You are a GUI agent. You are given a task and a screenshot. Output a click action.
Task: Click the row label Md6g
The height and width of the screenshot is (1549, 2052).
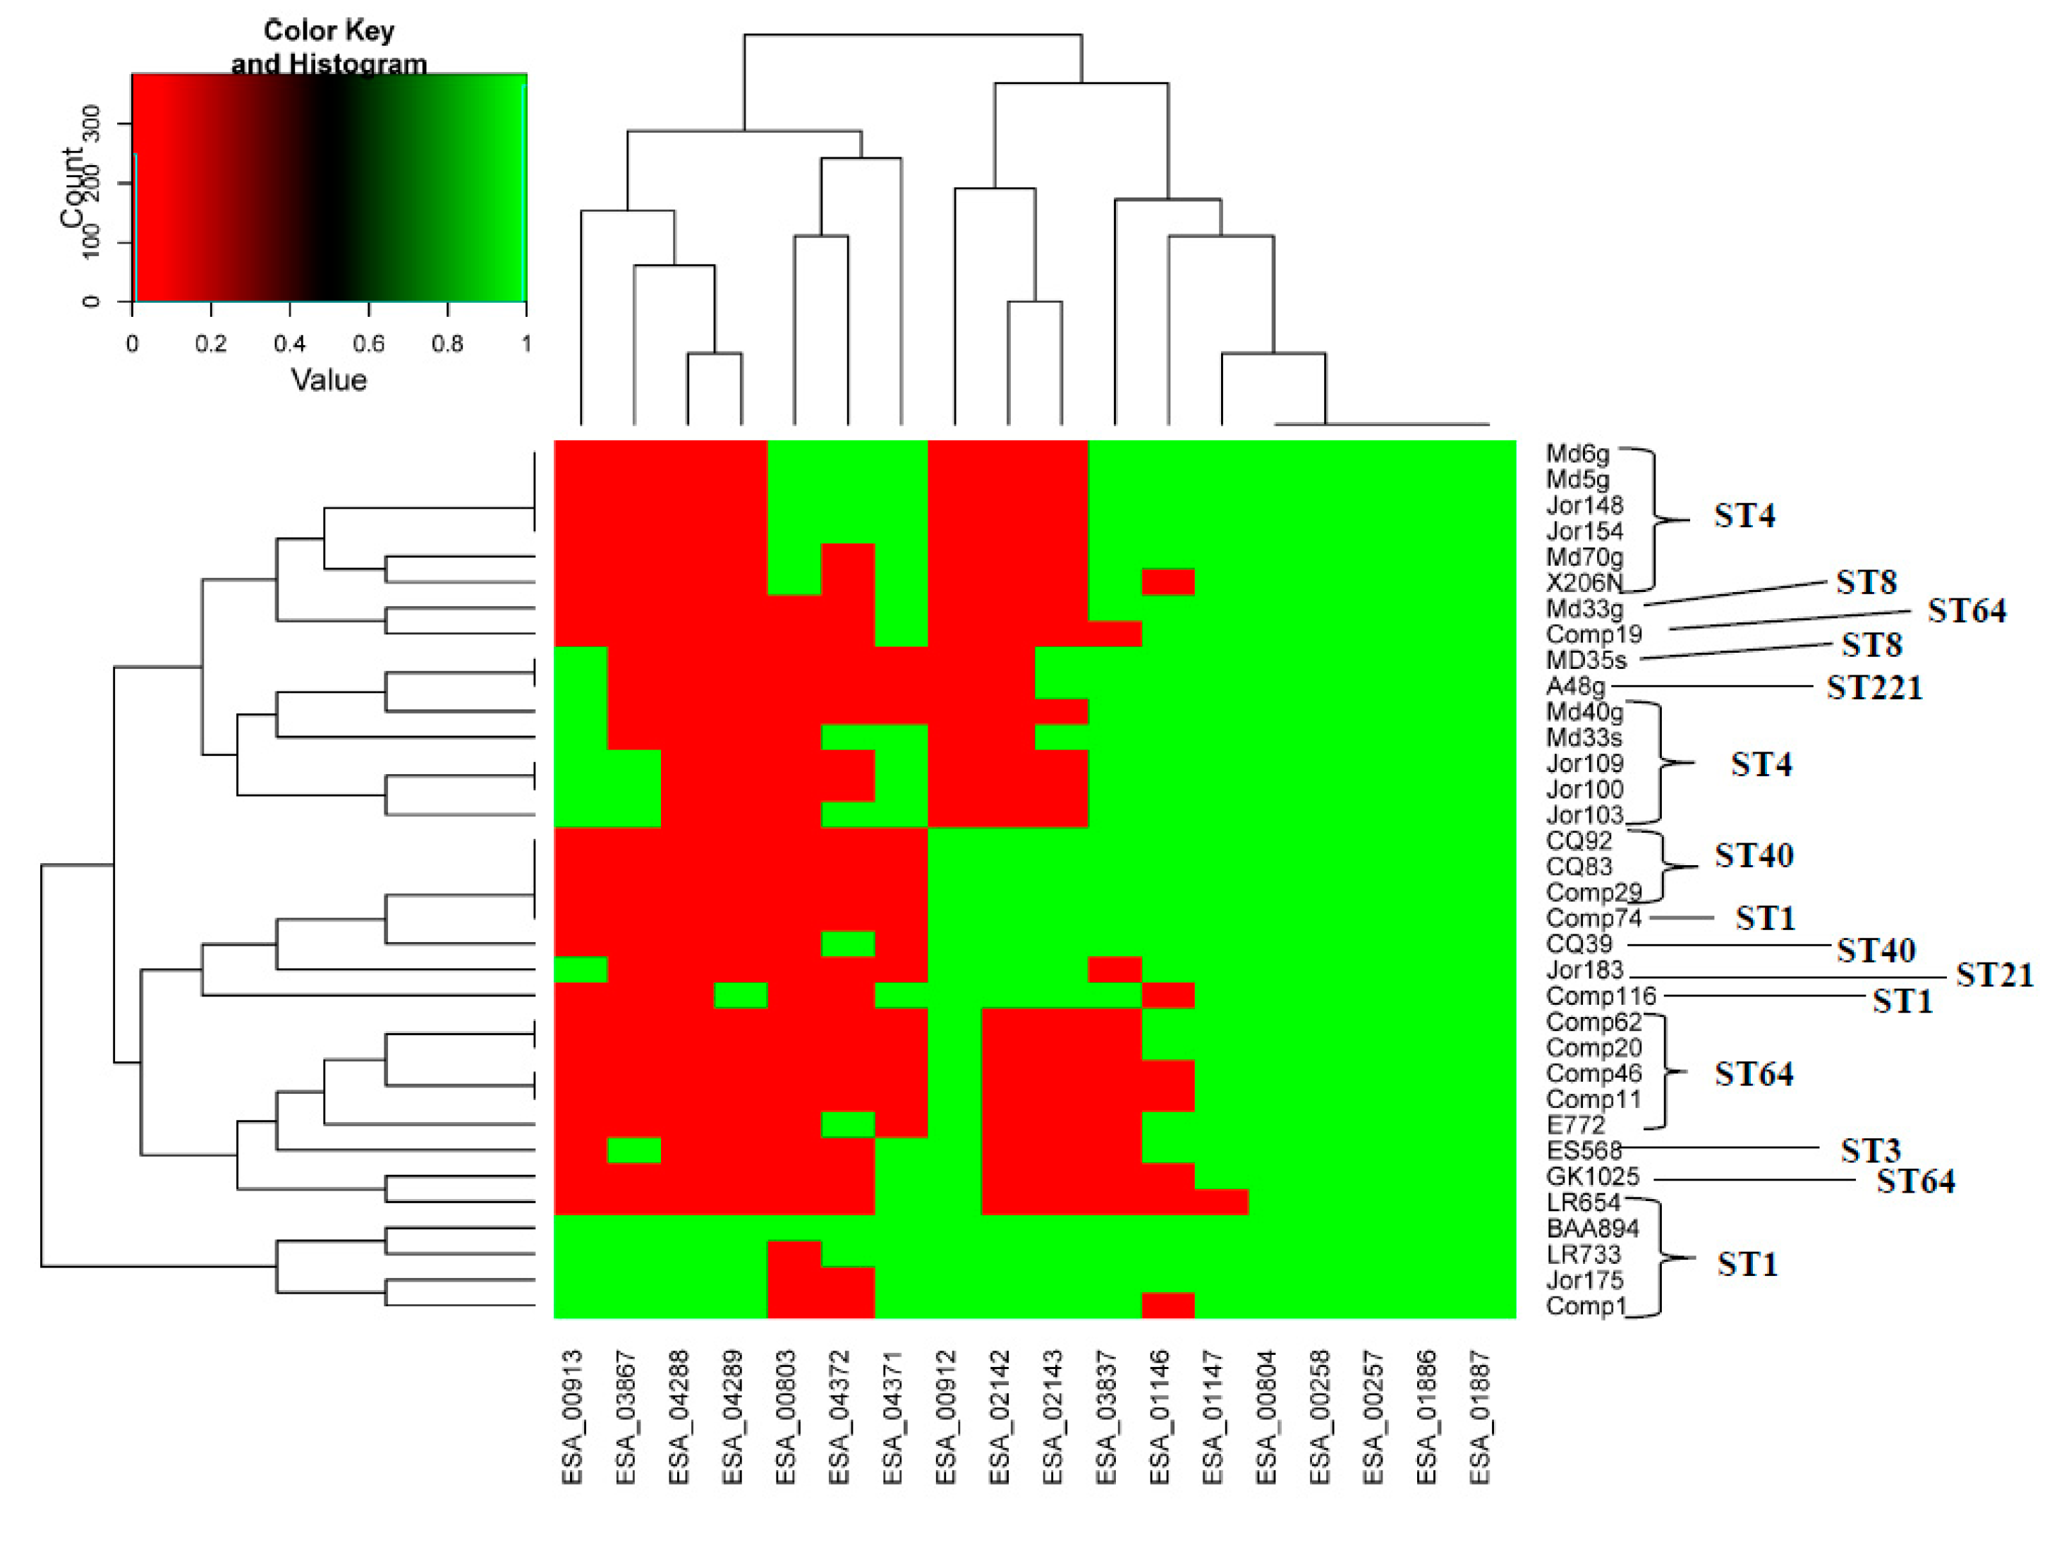coord(1577,454)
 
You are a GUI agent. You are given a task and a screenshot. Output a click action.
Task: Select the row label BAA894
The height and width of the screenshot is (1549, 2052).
coord(1592,1229)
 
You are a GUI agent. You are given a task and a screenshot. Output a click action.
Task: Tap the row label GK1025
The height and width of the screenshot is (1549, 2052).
coord(1592,1177)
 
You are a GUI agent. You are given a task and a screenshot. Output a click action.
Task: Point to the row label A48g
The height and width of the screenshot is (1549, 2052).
coord(1575,687)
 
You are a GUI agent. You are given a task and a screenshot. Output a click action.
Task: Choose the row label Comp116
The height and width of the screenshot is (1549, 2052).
coord(1601,996)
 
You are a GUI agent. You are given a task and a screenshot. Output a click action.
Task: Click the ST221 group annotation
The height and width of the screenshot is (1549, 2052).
coord(1874,689)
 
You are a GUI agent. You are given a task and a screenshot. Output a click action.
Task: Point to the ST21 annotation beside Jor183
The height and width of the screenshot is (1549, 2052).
coord(1993,975)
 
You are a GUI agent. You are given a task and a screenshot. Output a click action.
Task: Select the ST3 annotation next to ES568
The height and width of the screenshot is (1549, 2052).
coord(1870,1151)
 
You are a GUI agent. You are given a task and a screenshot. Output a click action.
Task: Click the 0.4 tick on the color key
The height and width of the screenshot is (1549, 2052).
coord(289,344)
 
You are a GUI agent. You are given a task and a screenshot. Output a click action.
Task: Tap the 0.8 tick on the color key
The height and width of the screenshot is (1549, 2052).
coord(447,344)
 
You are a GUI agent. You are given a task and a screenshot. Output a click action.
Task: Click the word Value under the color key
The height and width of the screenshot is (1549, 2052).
coord(329,380)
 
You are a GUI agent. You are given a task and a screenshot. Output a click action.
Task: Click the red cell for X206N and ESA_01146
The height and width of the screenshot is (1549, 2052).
coord(1167,582)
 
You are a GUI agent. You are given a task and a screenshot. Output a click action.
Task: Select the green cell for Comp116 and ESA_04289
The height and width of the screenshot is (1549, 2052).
coord(740,995)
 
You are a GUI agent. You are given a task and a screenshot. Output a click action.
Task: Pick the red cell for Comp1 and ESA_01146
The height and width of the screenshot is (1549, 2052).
coord(1167,1305)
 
